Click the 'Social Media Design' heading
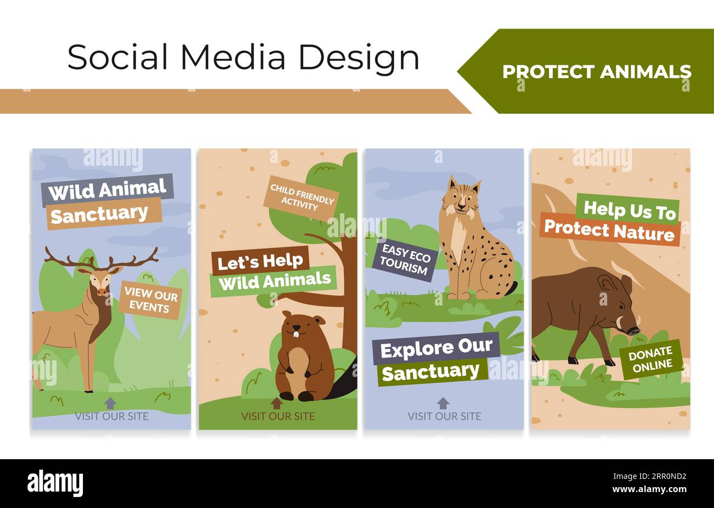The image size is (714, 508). point(243,57)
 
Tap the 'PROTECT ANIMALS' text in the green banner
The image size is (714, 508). point(596,72)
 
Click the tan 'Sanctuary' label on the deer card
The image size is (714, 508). point(99,213)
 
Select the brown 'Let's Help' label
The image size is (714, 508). point(260,262)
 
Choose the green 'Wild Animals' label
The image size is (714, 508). point(274,281)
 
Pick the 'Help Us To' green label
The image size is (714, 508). point(628,209)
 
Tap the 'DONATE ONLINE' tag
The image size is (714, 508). point(651,359)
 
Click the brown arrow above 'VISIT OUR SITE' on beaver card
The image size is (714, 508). point(277,403)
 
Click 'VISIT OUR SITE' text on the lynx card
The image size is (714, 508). point(444,416)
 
